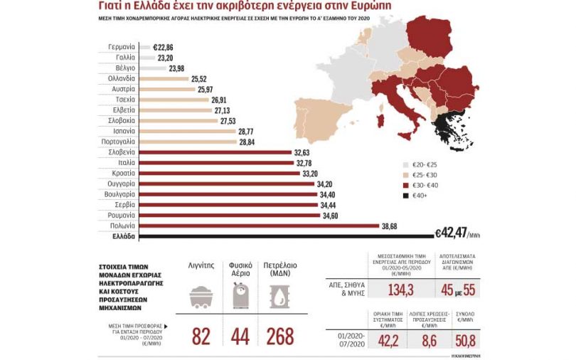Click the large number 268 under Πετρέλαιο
[x=282, y=336]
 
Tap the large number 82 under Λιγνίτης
[x=202, y=336]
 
